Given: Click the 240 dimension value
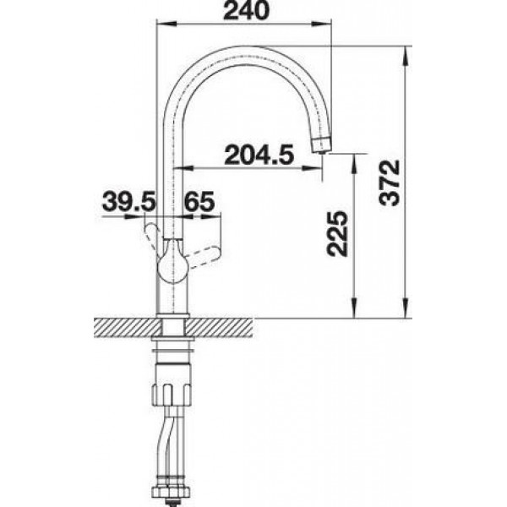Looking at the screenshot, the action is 247,10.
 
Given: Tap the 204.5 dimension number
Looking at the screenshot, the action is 259,155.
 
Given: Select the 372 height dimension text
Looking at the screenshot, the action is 390,183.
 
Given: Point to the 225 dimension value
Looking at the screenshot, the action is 337,233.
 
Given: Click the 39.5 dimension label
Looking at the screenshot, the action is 129,201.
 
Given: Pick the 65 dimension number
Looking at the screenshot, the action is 199,201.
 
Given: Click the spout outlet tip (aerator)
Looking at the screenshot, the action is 321,144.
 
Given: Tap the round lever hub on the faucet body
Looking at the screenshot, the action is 172,263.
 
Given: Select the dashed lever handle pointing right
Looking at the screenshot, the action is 204,256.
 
